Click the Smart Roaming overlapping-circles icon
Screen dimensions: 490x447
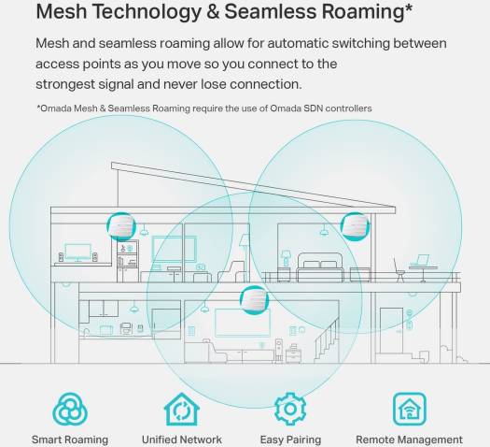pos(70,409)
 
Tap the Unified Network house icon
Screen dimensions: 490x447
pos(182,409)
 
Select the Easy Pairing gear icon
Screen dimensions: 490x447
pos(290,409)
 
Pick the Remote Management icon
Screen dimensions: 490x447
pos(410,409)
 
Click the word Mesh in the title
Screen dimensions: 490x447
pos(62,11)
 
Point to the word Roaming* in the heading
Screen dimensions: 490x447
pos(367,12)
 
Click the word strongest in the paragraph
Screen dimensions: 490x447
pos(65,84)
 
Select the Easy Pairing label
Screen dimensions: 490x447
pos(290,440)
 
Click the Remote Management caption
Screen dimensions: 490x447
pos(409,440)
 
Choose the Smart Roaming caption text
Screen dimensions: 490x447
pos(70,440)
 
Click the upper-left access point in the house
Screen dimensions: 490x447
pos(121,226)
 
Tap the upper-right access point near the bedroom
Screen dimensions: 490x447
pos(355,226)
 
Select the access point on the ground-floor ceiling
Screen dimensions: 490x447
pos(254,300)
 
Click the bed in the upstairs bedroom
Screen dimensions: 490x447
pos(320,267)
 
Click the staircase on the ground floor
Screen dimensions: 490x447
pos(327,340)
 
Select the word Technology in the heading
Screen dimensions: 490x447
pos(147,12)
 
